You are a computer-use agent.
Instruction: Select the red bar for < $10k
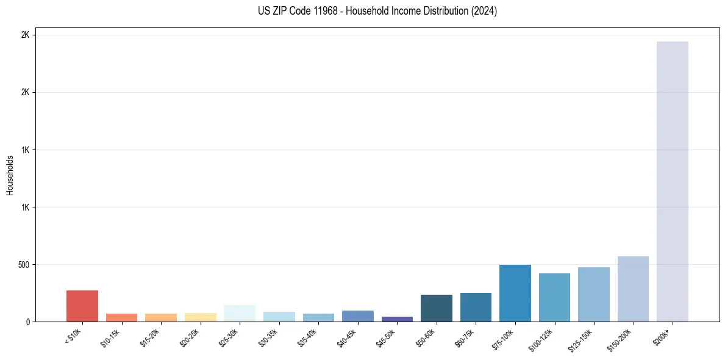(82, 306)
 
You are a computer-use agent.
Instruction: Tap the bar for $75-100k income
(515, 293)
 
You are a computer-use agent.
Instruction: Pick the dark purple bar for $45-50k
(397, 319)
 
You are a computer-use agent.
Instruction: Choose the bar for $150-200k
(633, 289)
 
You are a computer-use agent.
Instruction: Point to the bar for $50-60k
(436, 308)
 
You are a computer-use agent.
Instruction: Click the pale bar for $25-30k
(240, 313)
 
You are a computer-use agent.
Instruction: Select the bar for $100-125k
(554, 297)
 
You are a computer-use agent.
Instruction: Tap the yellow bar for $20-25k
(200, 317)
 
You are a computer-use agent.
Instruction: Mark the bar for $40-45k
(357, 316)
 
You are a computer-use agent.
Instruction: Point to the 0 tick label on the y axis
(27, 322)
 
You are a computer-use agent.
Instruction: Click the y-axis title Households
(10, 175)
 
